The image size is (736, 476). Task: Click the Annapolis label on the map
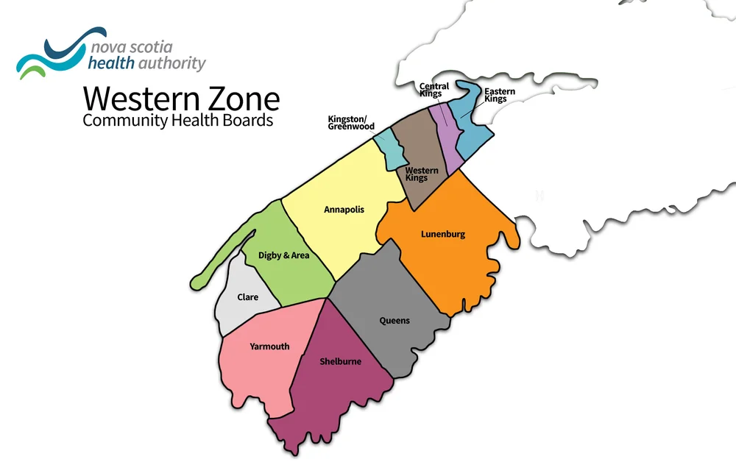(344, 210)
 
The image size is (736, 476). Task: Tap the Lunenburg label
(443, 235)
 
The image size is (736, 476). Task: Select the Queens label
(394, 321)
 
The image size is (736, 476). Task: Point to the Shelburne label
(340, 361)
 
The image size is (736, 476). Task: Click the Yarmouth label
(269, 347)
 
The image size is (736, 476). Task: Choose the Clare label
(247, 297)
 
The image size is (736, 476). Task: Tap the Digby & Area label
(283, 256)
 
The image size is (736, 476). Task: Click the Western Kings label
(422, 174)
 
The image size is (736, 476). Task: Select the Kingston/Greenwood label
(351, 122)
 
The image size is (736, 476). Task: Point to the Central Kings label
(434, 90)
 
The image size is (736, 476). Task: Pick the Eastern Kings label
(500, 95)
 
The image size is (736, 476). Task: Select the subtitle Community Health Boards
(177, 120)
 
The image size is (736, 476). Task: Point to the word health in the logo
(111, 64)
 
